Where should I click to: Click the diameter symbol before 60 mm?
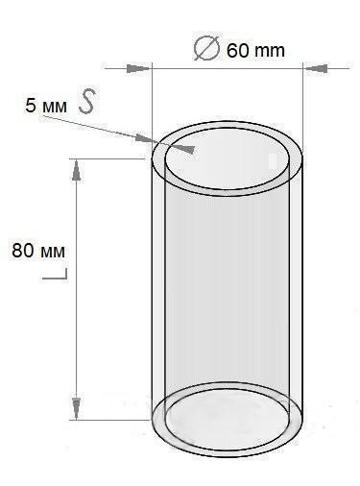click(206, 48)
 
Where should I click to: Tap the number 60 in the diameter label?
click(237, 51)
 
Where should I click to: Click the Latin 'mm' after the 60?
click(270, 52)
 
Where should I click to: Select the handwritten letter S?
click(87, 101)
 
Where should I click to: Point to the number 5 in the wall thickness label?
click(31, 106)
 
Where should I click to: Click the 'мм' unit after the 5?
click(54, 108)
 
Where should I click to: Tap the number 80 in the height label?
click(22, 250)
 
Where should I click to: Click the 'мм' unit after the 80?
click(53, 253)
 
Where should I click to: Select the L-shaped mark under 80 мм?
click(60, 276)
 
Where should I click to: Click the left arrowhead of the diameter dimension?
click(138, 68)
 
